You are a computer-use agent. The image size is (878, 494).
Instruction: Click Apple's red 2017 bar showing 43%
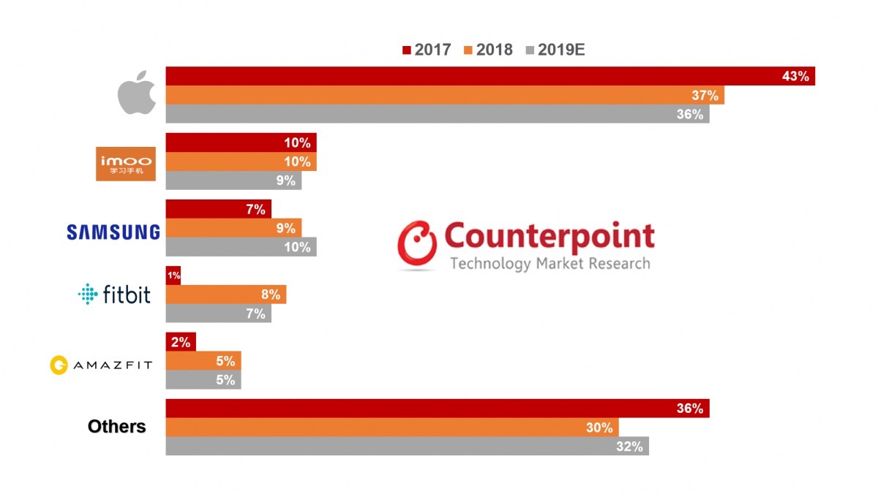(x=490, y=76)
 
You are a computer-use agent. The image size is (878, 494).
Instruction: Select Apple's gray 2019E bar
(x=437, y=114)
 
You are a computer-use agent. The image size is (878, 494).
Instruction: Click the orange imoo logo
(x=126, y=163)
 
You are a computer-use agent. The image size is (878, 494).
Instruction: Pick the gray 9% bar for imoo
(x=233, y=180)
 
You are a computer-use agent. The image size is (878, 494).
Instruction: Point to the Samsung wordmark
(x=113, y=232)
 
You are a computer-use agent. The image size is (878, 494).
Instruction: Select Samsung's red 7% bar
(x=218, y=209)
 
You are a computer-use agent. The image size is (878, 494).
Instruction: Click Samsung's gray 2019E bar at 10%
(x=241, y=247)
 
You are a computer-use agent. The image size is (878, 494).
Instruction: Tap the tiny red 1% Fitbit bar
(x=173, y=275)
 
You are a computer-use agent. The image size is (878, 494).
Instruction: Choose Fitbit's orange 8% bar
(x=225, y=294)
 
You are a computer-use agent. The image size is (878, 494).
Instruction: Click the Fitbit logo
(x=114, y=294)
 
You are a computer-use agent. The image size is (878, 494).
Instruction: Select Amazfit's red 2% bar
(x=181, y=342)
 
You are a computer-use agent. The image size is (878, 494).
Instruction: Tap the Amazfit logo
(x=101, y=365)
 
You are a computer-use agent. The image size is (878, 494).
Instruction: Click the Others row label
(x=117, y=427)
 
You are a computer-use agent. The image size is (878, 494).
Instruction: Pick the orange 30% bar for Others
(x=391, y=427)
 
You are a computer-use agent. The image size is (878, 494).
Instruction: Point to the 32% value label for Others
(x=629, y=446)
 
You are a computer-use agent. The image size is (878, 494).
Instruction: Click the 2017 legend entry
(x=427, y=50)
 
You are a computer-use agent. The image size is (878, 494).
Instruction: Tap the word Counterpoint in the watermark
(x=549, y=237)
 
